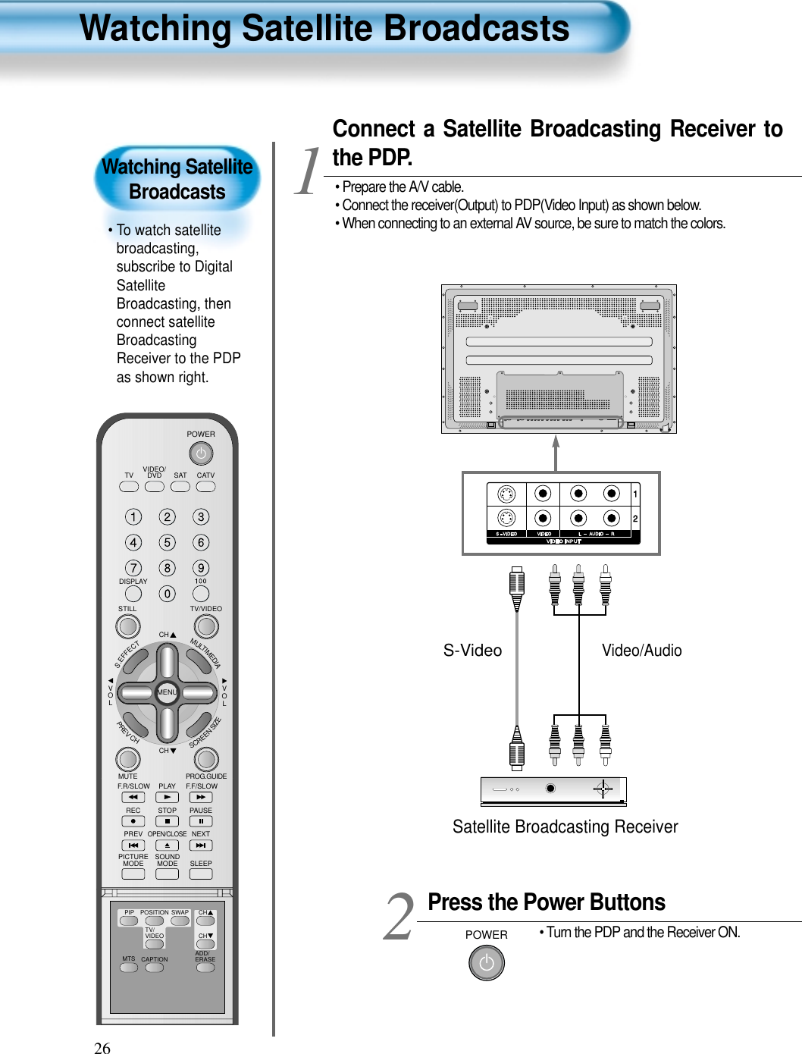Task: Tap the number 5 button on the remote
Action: [x=167, y=542]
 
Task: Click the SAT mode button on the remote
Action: [x=180, y=487]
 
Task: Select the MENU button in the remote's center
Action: [x=167, y=692]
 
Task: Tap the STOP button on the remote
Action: [x=167, y=821]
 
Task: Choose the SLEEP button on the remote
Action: [x=201, y=874]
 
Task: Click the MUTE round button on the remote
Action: [x=128, y=758]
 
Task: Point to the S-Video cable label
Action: [x=472, y=651]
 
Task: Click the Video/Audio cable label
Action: [x=641, y=651]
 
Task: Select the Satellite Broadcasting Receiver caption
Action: [x=565, y=827]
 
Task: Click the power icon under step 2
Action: [x=487, y=963]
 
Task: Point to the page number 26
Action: [x=102, y=1048]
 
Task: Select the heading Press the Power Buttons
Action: [x=546, y=902]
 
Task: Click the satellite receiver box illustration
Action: [x=553, y=791]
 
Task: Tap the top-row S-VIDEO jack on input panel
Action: [x=506, y=494]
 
